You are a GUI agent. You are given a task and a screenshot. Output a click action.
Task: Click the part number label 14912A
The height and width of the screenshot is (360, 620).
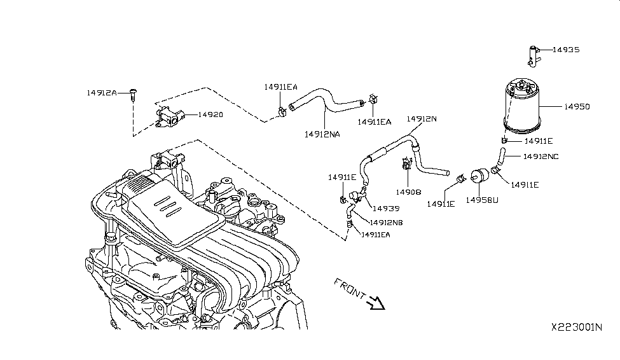[x=101, y=93]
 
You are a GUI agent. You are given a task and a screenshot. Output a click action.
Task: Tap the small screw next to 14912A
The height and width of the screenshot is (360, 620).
[x=133, y=94]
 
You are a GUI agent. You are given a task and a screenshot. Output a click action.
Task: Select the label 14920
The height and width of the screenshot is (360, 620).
[x=210, y=114]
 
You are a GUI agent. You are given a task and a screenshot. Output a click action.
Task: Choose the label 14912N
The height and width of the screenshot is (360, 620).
[x=422, y=119]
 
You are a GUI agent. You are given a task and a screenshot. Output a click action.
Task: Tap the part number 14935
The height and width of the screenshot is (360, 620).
[x=566, y=49]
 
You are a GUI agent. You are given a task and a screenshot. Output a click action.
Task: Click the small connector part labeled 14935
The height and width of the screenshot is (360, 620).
[x=533, y=55]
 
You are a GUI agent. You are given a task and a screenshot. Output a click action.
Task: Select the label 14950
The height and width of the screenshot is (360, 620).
[x=576, y=107]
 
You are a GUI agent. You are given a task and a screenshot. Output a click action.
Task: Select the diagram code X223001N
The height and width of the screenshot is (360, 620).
[x=576, y=327]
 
